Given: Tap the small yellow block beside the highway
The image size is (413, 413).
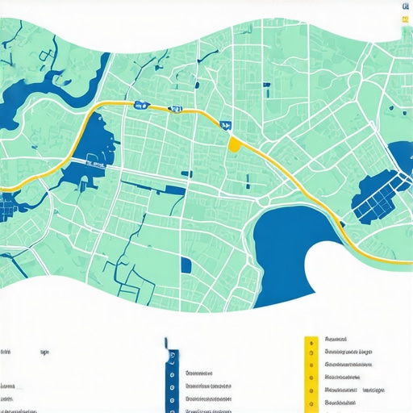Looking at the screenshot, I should tap(235, 144).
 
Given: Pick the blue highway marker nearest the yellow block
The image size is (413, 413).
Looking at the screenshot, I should tap(225, 125).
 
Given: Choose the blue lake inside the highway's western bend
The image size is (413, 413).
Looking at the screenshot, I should tap(98, 141).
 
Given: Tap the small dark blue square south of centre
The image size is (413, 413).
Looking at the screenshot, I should tap(186, 264).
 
